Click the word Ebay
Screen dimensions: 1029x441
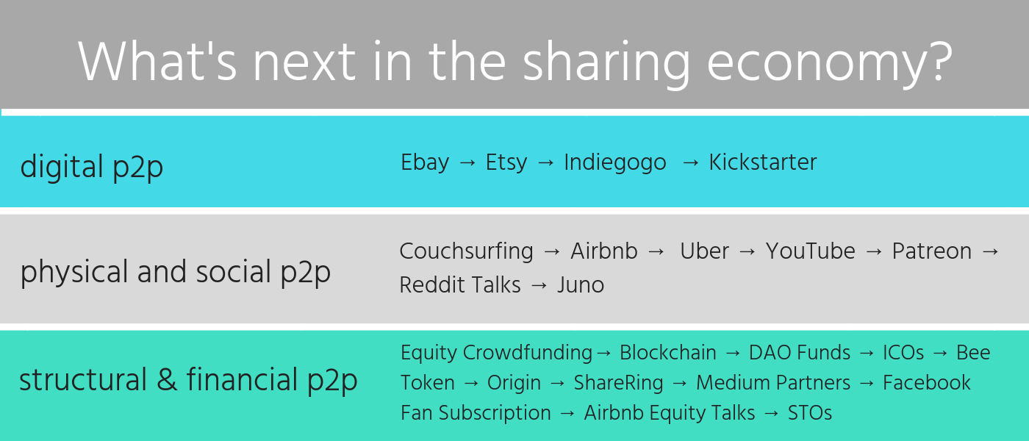pos(425,162)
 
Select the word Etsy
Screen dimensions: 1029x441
pos(506,162)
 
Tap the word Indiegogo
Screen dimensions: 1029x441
pos(615,163)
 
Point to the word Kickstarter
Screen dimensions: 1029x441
pos(763,162)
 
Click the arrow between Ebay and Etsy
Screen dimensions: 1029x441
pos(467,162)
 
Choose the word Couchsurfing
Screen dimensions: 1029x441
pos(466,251)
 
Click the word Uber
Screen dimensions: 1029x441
pos(704,251)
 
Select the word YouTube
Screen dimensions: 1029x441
pos(810,251)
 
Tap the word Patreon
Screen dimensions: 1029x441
pos(932,251)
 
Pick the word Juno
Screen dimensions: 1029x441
pos(581,285)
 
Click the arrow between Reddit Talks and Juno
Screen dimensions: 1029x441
pos(539,285)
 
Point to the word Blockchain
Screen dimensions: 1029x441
pos(668,353)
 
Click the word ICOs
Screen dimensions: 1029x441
pos(903,353)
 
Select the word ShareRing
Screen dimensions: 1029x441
pos(619,383)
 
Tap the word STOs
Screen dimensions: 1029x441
pos(810,413)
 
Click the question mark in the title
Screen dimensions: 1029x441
pos(941,61)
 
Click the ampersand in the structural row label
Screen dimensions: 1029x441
pos(167,379)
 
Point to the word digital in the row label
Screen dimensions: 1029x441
pos(62,167)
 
